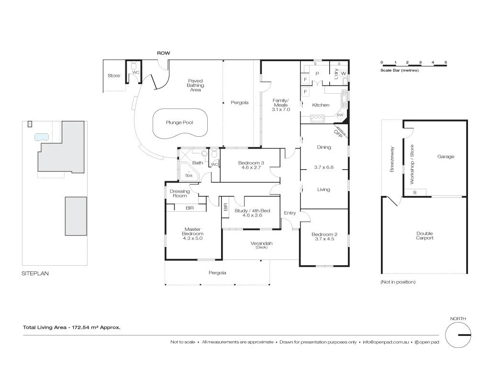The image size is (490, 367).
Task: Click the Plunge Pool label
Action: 179,123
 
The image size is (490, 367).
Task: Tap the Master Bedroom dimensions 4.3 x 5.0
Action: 193,238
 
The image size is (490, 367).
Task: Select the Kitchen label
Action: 321,105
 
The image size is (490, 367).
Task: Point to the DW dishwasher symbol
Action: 340,115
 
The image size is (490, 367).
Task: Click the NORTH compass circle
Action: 458,335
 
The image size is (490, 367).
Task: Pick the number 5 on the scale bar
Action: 445,63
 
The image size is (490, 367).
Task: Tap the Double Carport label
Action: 424,236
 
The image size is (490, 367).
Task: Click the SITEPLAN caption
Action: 35,274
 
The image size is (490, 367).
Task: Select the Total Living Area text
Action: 72,328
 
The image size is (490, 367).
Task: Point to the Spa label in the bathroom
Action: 189,175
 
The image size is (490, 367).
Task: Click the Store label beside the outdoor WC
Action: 114,76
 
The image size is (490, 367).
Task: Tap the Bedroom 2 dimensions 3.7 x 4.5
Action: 324,238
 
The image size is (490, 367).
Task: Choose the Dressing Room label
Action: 180,194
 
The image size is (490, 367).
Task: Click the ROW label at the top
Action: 164,53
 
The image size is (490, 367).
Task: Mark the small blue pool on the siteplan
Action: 42,137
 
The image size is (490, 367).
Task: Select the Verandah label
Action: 261,243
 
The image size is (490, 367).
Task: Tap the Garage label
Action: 445,157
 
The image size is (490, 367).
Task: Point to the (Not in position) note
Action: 398,282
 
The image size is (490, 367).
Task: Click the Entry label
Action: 290,213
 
